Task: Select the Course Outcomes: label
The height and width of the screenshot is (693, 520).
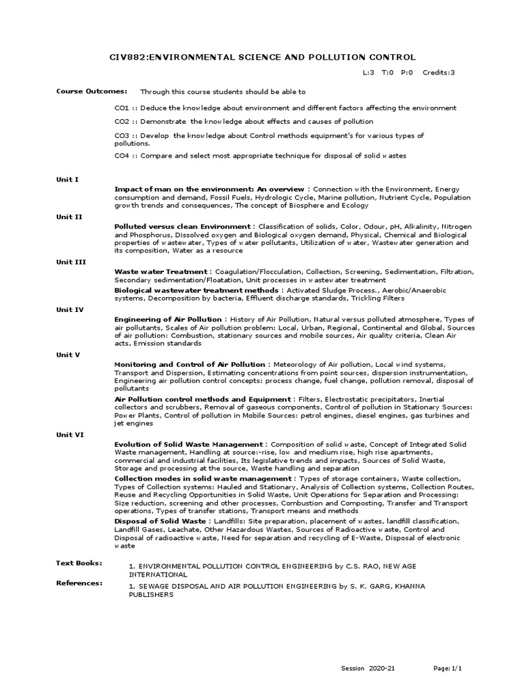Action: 81,91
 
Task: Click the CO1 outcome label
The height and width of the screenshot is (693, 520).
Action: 121,108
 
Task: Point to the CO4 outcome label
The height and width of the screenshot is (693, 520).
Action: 121,155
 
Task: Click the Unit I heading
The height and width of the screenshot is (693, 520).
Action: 68,179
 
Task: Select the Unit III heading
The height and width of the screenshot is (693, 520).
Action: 71,261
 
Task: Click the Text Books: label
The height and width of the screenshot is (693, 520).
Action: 79,562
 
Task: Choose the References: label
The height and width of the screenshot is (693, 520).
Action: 79,582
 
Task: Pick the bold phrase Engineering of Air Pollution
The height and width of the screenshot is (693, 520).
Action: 168,319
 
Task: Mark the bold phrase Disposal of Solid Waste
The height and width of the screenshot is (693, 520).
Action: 160,521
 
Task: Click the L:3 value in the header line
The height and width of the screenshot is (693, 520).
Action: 368,72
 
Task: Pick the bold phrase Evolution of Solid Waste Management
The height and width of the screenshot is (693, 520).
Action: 190,444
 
